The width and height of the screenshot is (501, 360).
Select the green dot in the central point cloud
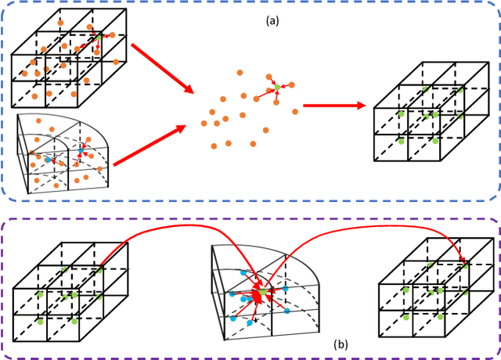(276, 86)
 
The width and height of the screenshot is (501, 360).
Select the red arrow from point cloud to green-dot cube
(333, 106)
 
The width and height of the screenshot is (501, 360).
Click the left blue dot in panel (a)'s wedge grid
(48, 160)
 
